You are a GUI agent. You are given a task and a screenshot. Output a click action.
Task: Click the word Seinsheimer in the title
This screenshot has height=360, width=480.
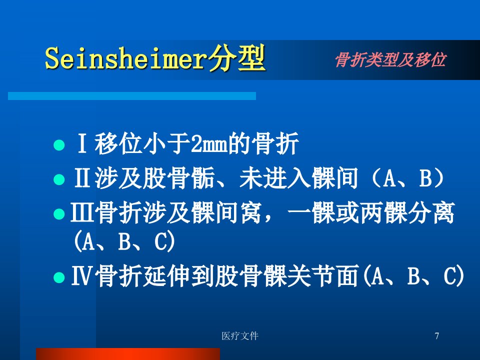coord(126,58)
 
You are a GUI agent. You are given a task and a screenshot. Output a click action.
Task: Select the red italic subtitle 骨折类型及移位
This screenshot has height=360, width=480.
coord(390,59)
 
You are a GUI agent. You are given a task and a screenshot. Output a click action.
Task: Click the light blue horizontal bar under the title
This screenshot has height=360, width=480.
coord(132,96)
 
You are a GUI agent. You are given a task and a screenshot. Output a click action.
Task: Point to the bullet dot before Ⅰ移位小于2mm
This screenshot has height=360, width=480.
coord(59,145)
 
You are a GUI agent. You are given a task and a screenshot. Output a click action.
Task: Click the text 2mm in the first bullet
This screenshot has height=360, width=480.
coord(209,144)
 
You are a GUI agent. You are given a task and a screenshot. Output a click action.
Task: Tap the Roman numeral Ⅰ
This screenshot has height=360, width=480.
coord(81,143)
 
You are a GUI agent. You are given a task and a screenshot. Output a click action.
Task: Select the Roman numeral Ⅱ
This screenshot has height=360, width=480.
coord(82,178)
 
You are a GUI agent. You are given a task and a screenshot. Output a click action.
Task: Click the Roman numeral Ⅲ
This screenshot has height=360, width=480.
coord(82,212)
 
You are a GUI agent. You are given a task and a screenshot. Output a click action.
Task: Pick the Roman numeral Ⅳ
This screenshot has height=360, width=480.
coord(81,275)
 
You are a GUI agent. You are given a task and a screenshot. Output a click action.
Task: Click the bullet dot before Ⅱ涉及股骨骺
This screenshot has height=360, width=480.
coord(59,179)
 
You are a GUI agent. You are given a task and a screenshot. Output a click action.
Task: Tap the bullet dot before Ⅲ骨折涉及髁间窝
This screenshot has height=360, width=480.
coord(59,214)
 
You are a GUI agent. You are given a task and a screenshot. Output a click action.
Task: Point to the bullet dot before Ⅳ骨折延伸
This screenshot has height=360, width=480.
coord(59,277)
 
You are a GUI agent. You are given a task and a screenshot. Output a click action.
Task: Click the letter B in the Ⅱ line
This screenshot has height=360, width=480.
coord(425,178)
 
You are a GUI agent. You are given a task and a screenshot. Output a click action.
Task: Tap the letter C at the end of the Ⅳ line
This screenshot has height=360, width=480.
coord(450,275)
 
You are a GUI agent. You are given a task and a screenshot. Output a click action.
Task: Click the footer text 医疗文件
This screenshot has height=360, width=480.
coord(240,336)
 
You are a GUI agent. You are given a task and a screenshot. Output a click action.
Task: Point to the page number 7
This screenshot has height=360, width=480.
coord(437,336)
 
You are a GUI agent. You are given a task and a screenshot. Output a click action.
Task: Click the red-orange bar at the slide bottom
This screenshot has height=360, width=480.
coord(128,354)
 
